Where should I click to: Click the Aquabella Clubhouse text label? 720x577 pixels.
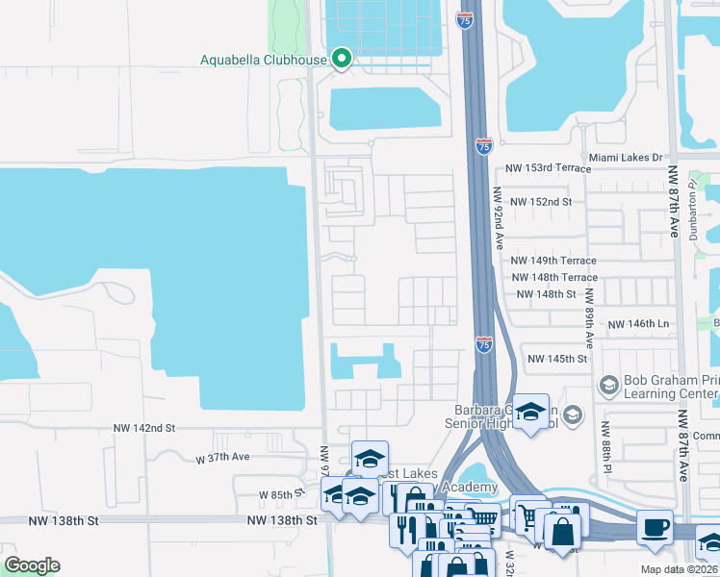click(x=263, y=60)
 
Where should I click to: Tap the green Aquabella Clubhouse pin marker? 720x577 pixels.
click(x=341, y=60)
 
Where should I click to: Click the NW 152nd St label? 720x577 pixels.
click(x=541, y=202)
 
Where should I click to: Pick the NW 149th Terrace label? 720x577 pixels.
click(x=553, y=261)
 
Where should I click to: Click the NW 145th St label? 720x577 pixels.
click(x=556, y=359)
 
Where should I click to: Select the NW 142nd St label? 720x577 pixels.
click(x=144, y=427)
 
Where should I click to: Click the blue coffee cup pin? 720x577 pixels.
click(x=656, y=527)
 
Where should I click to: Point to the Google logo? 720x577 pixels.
click(x=32, y=565)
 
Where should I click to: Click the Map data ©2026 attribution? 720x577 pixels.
click(x=679, y=569)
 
